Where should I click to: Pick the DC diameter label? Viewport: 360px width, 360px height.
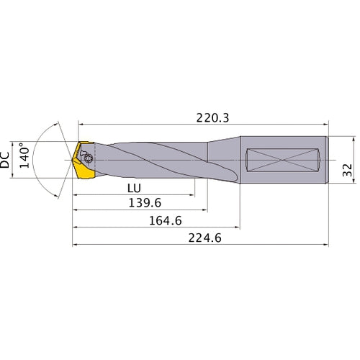tap(6, 158)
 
